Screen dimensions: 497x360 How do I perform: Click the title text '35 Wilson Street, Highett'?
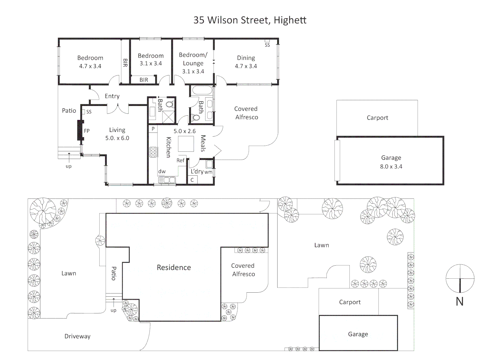click(x=250, y=20)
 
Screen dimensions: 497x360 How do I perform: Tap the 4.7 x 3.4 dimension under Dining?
click(x=246, y=66)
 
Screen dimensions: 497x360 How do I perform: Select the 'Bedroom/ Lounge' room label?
click(x=193, y=59)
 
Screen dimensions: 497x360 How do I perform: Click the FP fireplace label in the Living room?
click(x=87, y=131)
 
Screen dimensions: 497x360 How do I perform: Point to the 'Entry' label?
click(x=112, y=96)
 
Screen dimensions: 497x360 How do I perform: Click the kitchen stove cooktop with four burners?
click(x=153, y=152)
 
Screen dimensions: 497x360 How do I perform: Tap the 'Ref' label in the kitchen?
click(x=180, y=160)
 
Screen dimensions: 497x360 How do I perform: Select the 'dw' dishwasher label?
click(x=162, y=171)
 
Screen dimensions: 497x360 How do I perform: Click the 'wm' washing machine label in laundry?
click(x=208, y=172)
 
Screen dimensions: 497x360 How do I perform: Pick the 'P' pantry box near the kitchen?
click(x=153, y=129)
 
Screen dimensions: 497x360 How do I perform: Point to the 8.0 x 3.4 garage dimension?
click(x=391, y=166)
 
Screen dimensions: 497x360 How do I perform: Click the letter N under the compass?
click(x=460, y=301)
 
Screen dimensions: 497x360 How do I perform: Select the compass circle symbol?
click(x=460, y=278)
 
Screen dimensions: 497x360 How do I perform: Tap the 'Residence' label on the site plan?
click(x=174, y=267)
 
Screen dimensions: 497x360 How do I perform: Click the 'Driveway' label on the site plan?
click(x=77, y=336)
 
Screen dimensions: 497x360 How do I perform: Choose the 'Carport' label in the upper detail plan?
click(x=377, y=118)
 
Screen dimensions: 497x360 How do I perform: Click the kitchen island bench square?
click(x=186, y=144)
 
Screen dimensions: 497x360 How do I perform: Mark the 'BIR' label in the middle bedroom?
click(x=144, y=80)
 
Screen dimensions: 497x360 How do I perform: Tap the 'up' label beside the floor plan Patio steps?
click(x=68, y=166)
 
